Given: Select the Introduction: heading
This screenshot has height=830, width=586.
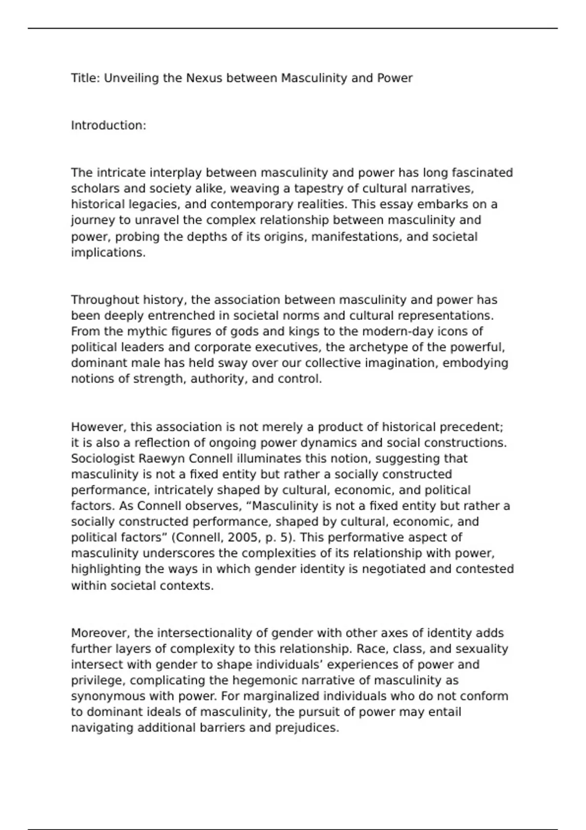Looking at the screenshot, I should pos(108,125).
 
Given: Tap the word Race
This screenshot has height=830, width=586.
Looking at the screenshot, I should pos(372,649).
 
